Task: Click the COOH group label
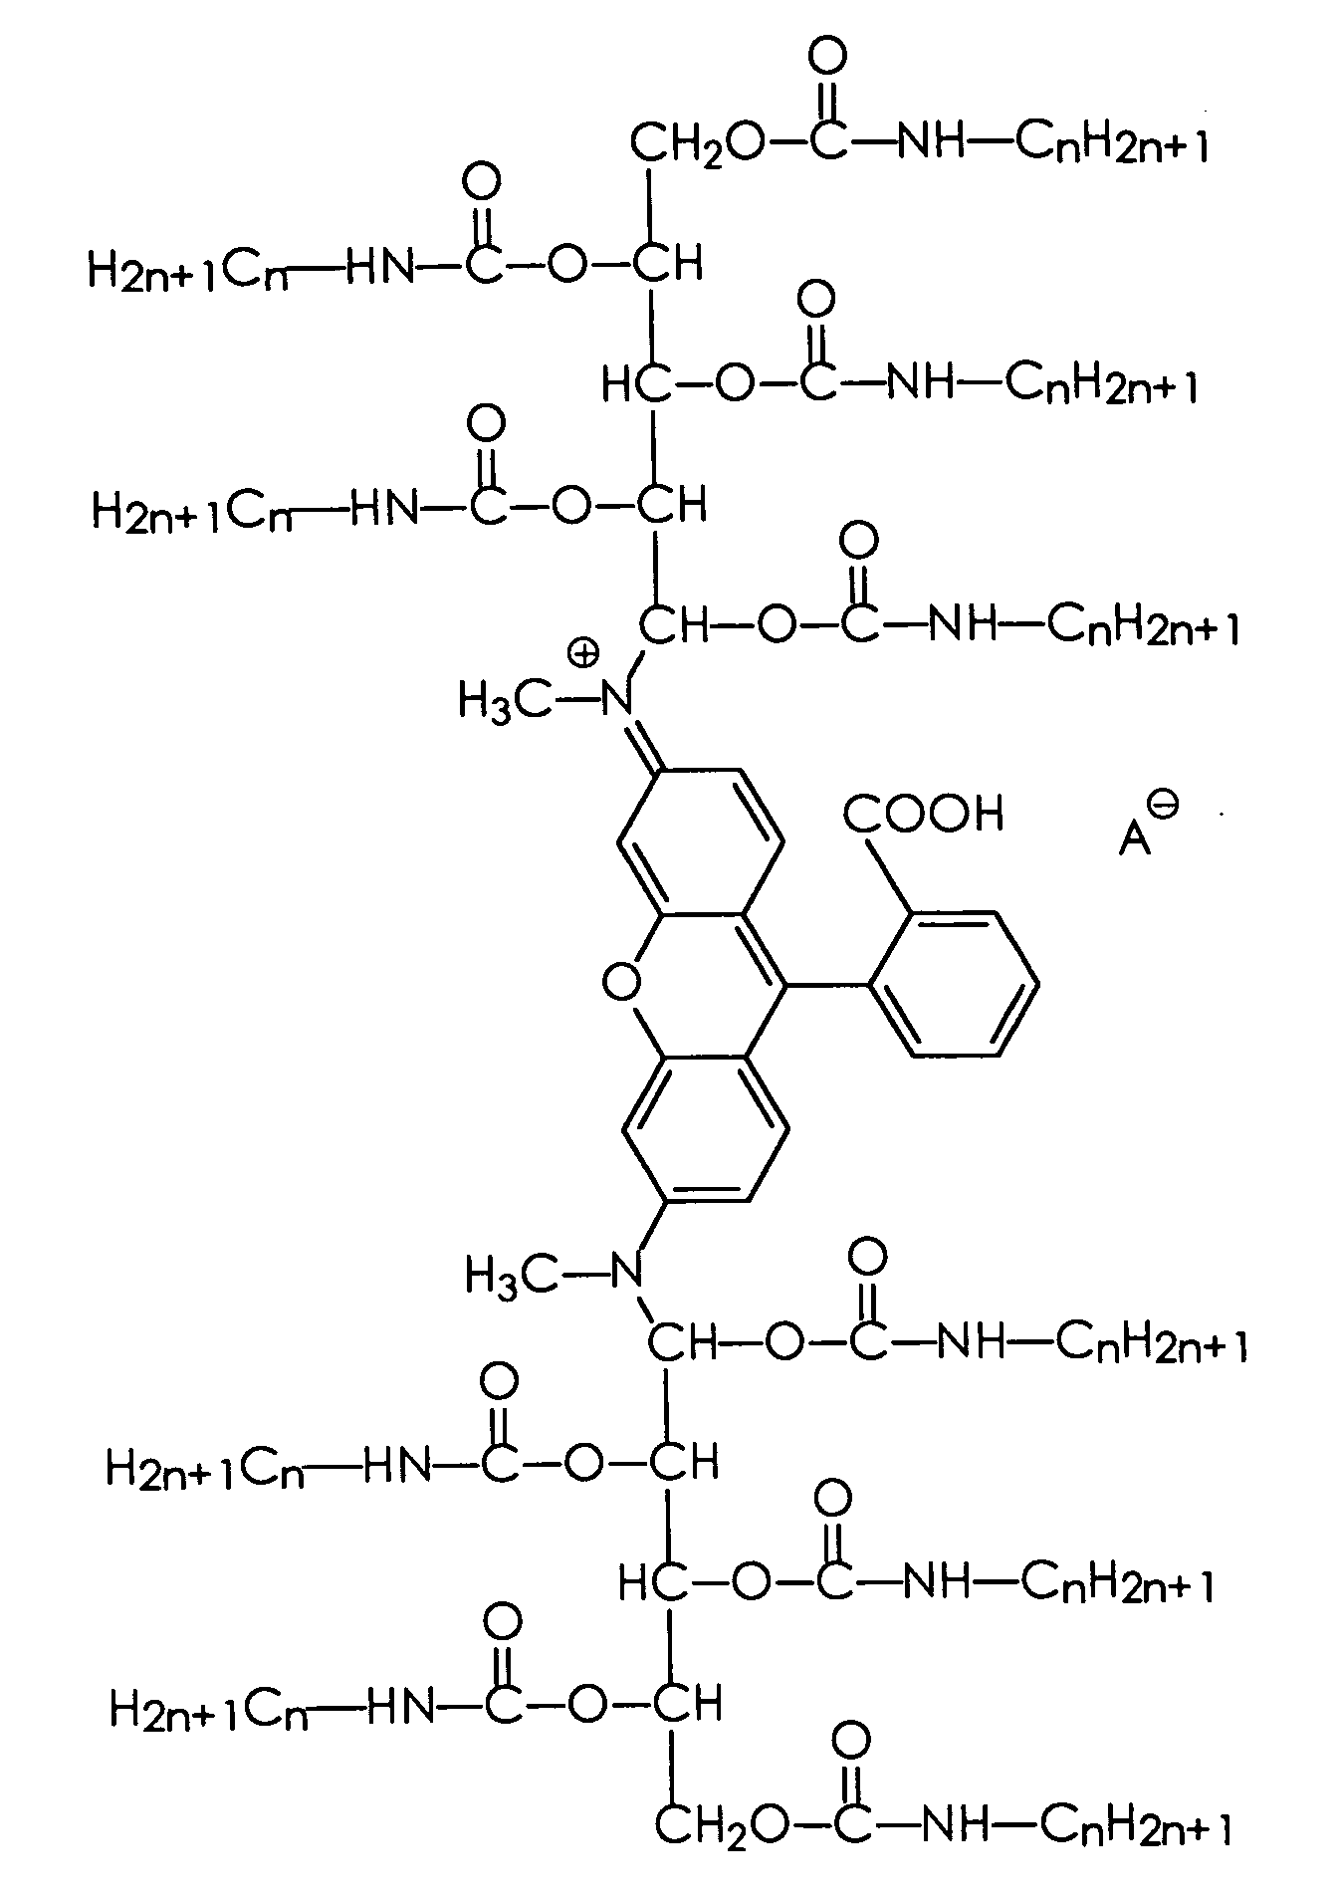pos(923,814)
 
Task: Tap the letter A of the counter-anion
pos(1134,838)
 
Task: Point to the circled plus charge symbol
pos(583,653)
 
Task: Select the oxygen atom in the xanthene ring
pos(622,984)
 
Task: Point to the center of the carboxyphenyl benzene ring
pos(954,982)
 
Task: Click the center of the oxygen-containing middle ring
pos(703,985)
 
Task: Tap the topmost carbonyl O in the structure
pos(827,57)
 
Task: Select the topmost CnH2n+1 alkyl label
pos(1113,145)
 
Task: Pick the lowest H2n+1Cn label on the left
pos(210,1711)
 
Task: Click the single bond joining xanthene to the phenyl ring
pos(826,985)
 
